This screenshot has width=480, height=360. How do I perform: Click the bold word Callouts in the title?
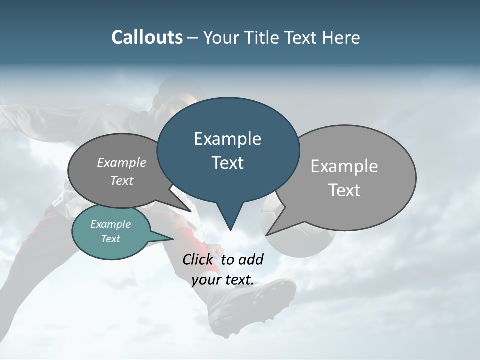click(x=147, y=37)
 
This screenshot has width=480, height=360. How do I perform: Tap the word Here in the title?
click(x=342, y=37)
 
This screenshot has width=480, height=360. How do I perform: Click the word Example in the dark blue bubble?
click(x=227, y=139)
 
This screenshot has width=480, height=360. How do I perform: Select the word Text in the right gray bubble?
click(x=344, y=190)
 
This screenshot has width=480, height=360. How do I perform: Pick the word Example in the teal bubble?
click(x=110, y=224)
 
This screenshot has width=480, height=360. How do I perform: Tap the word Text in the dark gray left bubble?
click(x=122, y=181)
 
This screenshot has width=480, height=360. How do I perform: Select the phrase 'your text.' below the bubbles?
click(x=223, y=280)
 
